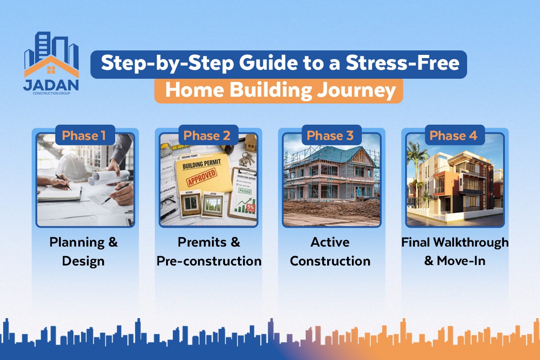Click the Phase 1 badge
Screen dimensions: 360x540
(x=84, y=135)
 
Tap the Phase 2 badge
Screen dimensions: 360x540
(x=207, y=135)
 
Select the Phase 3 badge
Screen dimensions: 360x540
(x=330, y=135)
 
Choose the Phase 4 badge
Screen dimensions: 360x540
(x=453, y=135)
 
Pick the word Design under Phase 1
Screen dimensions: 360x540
(x=83, y=261)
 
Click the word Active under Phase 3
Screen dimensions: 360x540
(x=330, y=242)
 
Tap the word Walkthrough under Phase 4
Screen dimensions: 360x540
(x=471, y=242)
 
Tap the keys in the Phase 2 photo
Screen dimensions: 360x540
(x=247, y=157)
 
